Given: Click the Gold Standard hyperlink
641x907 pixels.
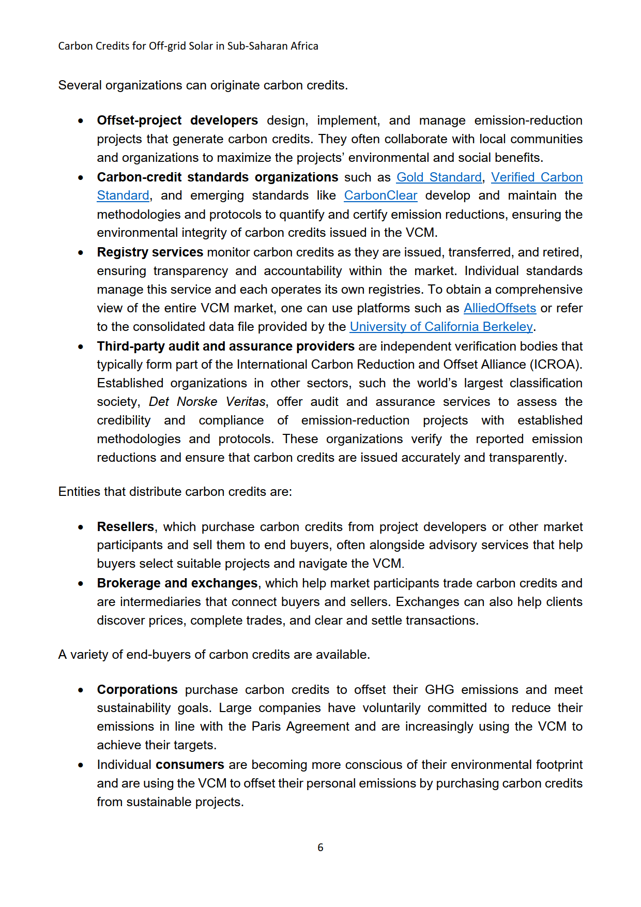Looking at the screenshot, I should click(439, 177).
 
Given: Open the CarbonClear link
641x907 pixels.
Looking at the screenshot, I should click(380, 195).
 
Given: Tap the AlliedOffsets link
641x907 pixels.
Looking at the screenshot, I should click(499, 308).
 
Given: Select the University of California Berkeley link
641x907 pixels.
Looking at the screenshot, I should click(441, 327).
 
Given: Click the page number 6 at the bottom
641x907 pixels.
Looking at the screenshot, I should click(320, 847).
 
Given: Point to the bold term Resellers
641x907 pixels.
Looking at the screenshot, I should click(126, 526).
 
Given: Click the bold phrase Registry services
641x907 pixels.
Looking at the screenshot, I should click(150, 252).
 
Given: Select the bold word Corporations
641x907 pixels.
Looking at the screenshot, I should click(137, 690).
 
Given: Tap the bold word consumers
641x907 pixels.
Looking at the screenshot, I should click(190, 765).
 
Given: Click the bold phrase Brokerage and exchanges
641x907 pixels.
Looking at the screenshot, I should click(177, 583).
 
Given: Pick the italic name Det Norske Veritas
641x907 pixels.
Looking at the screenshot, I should click(207, 402).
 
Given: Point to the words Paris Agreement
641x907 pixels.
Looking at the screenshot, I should click(300, 727).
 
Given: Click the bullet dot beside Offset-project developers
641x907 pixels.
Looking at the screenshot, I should click(81, 121).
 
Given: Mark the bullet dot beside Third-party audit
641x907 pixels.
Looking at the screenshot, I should click(81, 347).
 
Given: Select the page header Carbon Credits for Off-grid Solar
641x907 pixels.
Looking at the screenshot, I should click(188, 46).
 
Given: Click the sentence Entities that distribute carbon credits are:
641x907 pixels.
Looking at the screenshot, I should click(175, 492).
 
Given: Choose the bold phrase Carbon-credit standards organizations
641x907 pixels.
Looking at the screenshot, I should click(217, 177).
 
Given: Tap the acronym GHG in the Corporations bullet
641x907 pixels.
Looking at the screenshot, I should click(439, 690).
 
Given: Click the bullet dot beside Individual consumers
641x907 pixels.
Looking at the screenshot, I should click(81, 765).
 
